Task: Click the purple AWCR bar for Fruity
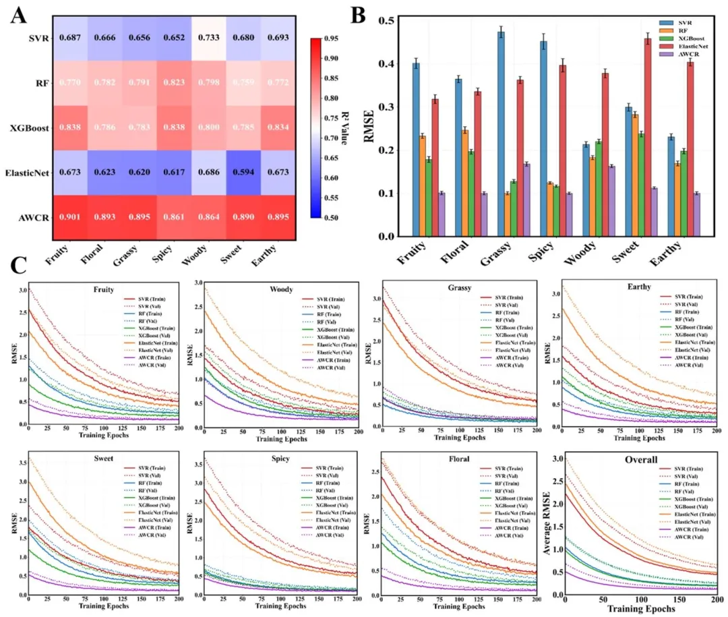[442, 214]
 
